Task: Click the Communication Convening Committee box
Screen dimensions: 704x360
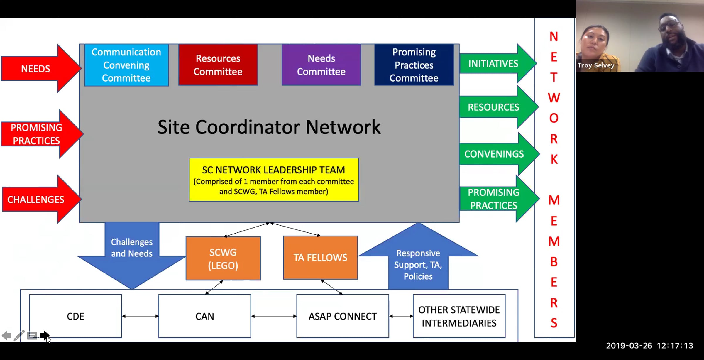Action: point(126,65)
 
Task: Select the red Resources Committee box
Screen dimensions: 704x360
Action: point(218,65)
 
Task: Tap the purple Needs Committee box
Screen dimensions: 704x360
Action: point(321,65)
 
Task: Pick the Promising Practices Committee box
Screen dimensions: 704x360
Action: point(414,65)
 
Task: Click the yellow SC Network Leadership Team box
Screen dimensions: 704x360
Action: point(274,180)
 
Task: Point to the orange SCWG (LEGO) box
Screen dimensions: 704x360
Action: point(223,258)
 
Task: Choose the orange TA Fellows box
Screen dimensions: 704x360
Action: point(320,258)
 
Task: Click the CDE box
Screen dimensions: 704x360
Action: point(75,316)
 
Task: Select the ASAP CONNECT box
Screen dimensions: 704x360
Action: point(343,316)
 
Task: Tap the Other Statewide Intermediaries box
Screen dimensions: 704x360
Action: point(459,316)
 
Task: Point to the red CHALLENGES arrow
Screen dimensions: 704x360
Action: point(41,199)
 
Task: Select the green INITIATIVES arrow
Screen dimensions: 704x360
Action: point(498,63)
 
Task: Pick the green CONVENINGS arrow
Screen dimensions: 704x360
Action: point(499,154)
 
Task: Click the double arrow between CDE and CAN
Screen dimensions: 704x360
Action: point(140,316)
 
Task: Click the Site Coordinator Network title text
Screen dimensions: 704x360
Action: point(269,127)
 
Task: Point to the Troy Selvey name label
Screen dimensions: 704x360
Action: point(596,65)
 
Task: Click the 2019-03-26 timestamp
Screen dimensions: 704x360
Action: point(629,346)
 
